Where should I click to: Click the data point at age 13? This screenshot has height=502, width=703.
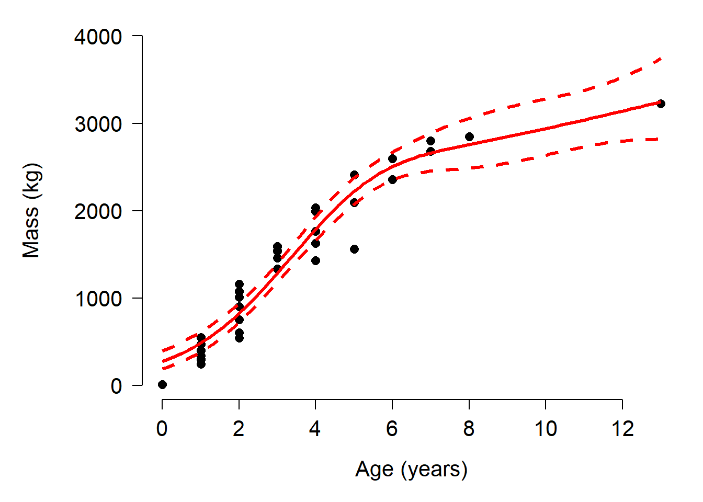(661, 104)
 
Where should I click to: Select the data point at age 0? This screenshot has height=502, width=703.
(162, 385)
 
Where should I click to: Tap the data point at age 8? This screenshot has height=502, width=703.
(469, 136)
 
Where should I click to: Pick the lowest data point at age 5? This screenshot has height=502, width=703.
(354, 249)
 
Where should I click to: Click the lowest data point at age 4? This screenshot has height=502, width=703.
(315, 260)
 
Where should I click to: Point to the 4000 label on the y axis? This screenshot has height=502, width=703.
(98, 37)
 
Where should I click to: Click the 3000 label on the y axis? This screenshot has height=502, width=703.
(98, 124)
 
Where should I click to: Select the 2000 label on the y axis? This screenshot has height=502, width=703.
(98, 212)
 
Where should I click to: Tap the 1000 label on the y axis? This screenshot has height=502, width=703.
(98, 299)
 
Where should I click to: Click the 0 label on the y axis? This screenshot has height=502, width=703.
(116, 386)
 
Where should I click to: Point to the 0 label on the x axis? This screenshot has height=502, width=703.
(162, 429)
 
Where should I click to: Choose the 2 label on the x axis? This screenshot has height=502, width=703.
(239, 429)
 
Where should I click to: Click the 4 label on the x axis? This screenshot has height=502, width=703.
(315, 429)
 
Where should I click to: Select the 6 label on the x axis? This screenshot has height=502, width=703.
(392, 429)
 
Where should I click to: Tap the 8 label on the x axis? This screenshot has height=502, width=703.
(469, 429)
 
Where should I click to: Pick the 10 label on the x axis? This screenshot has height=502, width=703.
(546, 429)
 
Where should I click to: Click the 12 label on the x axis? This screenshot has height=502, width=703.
(622, 429)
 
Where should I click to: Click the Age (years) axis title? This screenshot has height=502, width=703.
(411, 470)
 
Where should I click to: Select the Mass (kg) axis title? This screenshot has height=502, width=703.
(31, 211)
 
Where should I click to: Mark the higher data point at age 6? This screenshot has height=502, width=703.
(392, 158)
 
